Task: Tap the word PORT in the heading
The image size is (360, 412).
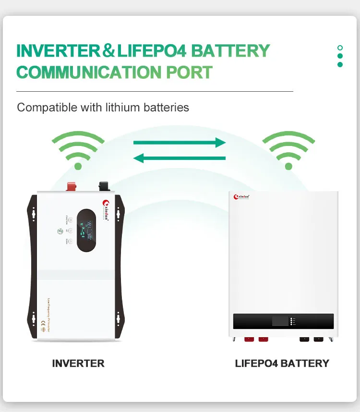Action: coord(189,73)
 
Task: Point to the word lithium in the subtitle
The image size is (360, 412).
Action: coord(122,107)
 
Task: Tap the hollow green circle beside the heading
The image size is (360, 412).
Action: coord(340,48)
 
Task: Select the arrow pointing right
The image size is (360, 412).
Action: coord(179,143)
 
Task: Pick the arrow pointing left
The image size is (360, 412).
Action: coord(179,158)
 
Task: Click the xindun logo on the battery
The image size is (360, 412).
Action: coord(241,197)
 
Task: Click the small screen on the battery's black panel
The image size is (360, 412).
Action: coord(280,321)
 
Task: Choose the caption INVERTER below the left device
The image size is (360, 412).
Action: coord(78,363)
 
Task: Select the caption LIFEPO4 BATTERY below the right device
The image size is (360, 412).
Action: coord(282,363)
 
